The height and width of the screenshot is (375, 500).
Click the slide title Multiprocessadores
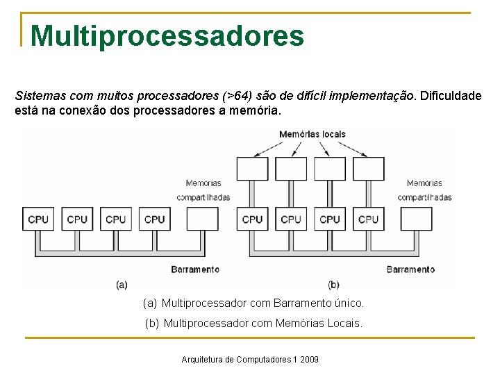167,36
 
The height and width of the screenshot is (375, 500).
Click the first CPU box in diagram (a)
38,219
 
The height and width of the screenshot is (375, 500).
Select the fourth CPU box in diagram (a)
154,219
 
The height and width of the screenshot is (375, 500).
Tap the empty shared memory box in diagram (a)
202,219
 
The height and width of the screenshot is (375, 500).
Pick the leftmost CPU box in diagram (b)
252,219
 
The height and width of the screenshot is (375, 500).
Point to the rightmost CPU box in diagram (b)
368,219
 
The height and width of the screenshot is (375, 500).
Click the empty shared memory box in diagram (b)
417,219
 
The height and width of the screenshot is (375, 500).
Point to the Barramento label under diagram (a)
195,269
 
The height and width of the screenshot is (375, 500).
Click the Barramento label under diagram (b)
410,269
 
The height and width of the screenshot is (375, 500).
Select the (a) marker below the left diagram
122,284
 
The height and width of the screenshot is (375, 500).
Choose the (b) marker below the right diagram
333,284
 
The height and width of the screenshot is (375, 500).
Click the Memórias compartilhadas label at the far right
424,190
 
